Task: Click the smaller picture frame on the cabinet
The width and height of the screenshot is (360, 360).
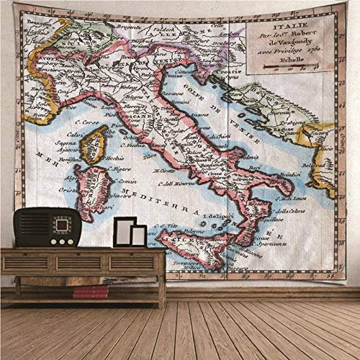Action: coord(138,235)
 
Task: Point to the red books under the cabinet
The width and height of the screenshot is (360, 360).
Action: coord(91,292)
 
